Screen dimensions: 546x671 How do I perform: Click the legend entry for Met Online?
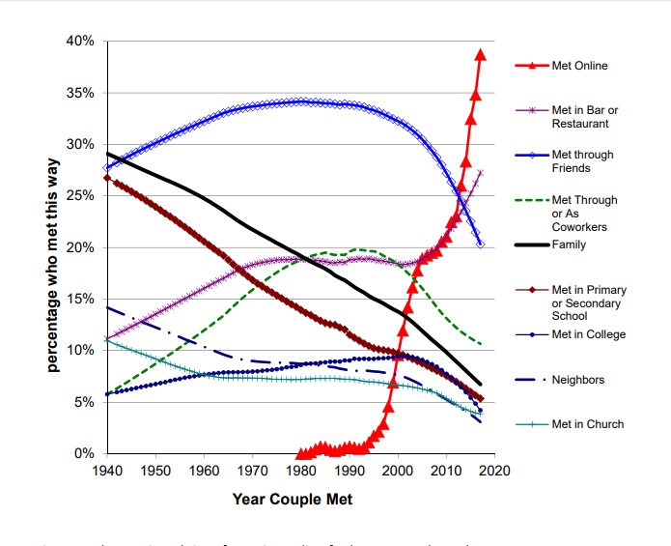point(579,66)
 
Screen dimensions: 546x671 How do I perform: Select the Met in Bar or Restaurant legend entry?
point(584,117)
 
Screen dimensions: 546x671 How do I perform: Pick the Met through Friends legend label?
point(582,161)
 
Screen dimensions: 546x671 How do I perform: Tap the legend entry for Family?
point(569,244)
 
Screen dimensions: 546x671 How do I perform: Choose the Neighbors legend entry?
point(578,380)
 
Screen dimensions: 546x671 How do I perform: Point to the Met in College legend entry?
point(588,334)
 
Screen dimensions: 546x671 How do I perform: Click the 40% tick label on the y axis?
point(80,42)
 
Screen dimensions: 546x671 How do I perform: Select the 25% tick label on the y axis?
point(80,196)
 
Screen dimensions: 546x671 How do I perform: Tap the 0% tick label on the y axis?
point(84,453)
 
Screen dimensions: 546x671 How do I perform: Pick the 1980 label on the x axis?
point(301,471)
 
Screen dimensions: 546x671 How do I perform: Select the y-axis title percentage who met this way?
point(52,247)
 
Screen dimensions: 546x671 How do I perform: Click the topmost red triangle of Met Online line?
point(481,55)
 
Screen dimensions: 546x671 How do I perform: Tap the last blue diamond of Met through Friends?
point(481,244)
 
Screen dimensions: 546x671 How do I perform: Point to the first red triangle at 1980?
point(300,453)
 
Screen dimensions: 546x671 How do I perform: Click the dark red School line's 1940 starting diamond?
point(106,178)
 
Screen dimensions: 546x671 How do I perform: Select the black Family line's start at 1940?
point(106,153)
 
